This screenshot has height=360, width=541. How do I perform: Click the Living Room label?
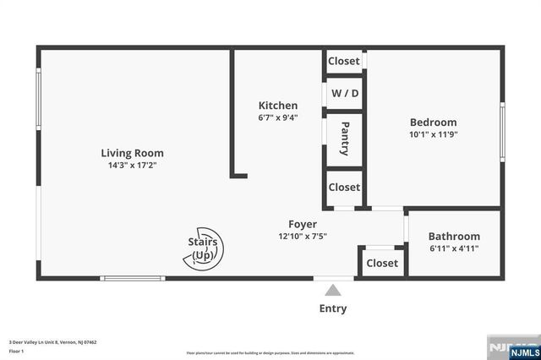[132, 153]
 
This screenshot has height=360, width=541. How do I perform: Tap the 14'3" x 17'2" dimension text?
[132, 166]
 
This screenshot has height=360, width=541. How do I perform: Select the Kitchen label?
[277, 106]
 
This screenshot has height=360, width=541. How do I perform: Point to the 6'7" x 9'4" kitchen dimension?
[277, 117]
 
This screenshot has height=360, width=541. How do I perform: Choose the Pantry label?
[345, 139]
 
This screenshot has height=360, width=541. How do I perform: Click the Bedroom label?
[433, 122]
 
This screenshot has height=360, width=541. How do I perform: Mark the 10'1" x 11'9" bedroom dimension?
[433, 134]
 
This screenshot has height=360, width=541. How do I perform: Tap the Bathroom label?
[454, 237]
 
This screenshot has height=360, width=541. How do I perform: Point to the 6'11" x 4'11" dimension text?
[454, 249]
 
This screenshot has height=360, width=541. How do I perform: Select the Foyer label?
[303, 224]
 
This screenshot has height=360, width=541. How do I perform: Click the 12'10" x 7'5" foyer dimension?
[303, 237]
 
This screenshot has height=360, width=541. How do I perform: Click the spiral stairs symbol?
[204, 248]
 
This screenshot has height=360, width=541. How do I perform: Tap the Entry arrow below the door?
[333, 290]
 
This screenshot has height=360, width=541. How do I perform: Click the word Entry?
[333, 308]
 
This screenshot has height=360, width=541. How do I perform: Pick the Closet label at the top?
[344, 61]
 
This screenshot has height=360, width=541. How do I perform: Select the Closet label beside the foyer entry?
[382, 263]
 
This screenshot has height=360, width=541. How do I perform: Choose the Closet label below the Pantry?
[344, 187]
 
